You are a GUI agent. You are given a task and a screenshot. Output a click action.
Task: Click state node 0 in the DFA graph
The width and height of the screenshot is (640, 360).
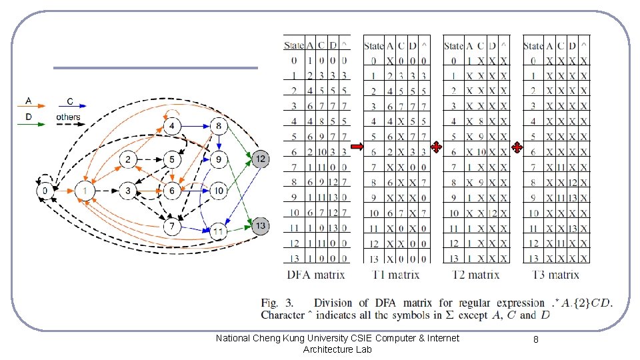point(45,191)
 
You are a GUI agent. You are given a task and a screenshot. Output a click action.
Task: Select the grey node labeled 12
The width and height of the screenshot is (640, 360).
point(261,158)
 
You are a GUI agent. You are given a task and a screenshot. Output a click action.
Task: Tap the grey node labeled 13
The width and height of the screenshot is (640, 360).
point(261,226)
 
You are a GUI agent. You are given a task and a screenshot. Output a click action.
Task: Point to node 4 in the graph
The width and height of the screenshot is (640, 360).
point(172,126)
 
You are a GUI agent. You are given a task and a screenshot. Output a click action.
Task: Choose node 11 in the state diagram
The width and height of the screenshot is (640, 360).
point(218,231)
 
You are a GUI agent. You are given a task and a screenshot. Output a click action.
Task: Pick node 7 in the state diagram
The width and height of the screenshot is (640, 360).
point(172,227)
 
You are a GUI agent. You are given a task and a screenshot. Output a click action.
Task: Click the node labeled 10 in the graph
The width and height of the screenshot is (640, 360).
point(218,191)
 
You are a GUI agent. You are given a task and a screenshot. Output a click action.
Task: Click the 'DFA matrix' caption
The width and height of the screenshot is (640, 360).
point(316,275)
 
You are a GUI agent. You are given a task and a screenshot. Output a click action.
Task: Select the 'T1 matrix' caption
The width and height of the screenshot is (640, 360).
point(395,275)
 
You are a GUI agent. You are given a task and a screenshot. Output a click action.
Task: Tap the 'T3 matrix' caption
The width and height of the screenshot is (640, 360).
point(555,275)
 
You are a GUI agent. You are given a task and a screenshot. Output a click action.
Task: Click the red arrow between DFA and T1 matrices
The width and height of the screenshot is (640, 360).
point(356,147)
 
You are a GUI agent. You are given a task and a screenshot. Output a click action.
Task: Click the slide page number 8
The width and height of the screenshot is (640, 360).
point(536,339)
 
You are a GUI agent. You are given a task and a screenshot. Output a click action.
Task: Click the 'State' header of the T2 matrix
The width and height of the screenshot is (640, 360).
point(453,46)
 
